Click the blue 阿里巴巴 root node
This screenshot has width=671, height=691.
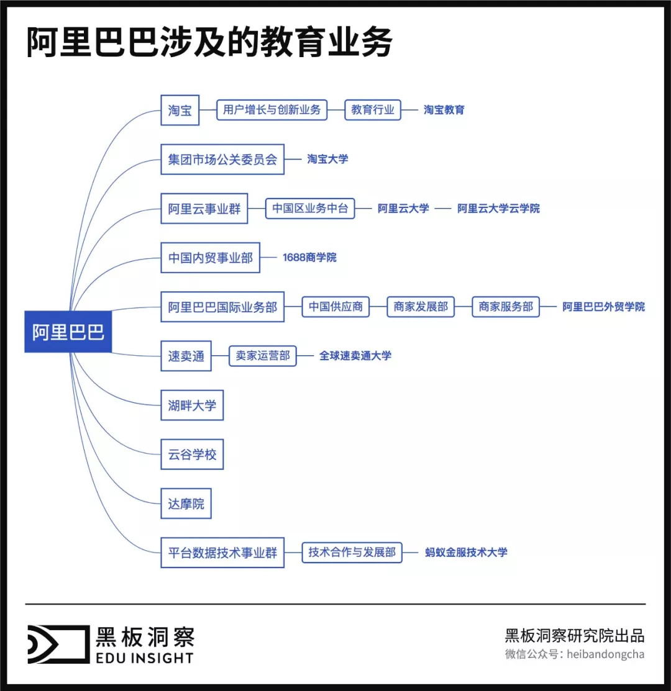tap(68, 332)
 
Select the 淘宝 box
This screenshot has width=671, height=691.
tap(180, 111)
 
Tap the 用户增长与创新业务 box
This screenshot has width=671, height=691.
tap(272, 110)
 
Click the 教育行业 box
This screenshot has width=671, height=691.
tap(373, 110)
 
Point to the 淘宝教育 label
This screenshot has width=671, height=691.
tap(444, 110)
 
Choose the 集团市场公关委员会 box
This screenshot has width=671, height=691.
tap(222, 160)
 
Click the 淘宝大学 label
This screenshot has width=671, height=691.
tap(327, 159)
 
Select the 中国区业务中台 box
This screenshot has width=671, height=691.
tap(310, 209)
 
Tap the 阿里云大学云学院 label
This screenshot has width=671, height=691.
tap(498, 209)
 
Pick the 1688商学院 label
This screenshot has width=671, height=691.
tap(309, 258)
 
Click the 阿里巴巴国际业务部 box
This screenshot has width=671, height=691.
tap(222, 307)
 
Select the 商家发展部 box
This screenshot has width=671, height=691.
tap(421, 307)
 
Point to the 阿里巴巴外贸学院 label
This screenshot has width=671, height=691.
tap(603, 307)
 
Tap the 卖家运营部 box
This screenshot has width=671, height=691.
tap(263, 356)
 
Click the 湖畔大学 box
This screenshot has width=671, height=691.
tap(192, 405)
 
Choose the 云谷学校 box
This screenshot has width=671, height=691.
tap(192, 454)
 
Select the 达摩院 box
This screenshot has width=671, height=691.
tap(186, 504)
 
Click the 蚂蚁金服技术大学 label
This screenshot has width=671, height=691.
tap(466, 552)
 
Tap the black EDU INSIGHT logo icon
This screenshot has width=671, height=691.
tap(58, 644)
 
